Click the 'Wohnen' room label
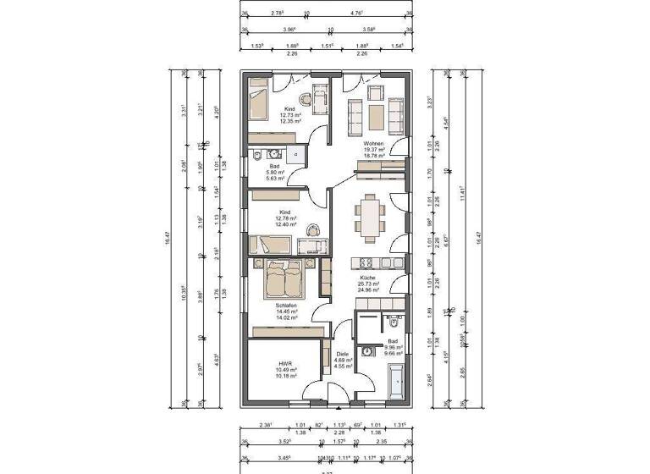(x=373, y=144)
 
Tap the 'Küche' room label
(x=367, y=277)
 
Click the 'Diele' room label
(x=342, y=355)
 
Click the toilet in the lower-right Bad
(x=394, y=321)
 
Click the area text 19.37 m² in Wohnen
(x=373, y=151)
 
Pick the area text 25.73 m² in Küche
(x=367, y=284)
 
